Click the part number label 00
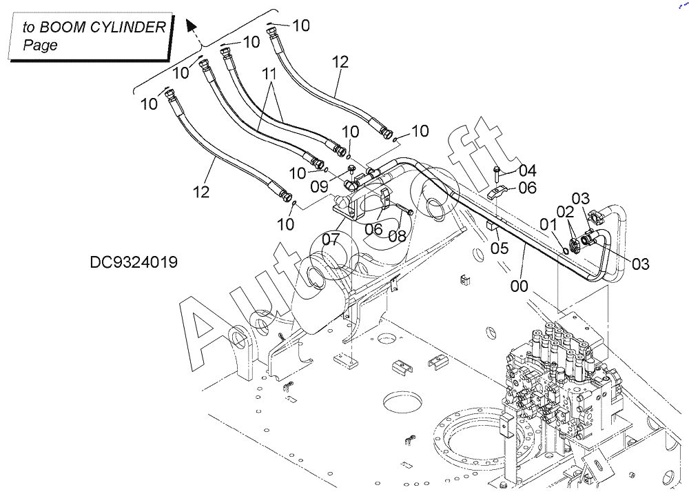pos(520,286)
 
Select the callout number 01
pos(548,224)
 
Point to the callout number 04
pos(527,170)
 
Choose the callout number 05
pos(499,247)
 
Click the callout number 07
pos(331,240)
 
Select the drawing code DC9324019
pos(133,262)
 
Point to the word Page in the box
pos(40,46)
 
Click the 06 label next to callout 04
pos(527,187)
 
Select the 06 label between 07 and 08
pos(373,228)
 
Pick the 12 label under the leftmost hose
pos(200,192)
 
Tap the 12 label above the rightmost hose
pos(340,62)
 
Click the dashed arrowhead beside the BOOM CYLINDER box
pos(192,28)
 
